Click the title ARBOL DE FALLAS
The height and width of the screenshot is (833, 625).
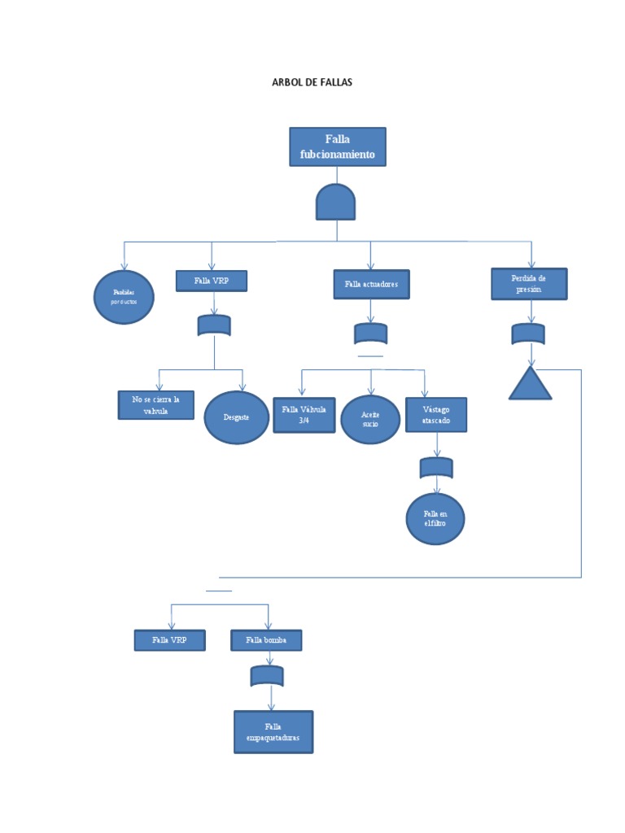point(312,83)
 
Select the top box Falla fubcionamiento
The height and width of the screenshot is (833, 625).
point(337,146)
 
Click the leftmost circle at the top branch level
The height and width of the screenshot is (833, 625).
point(124,297)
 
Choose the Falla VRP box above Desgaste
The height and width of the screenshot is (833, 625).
point(212,281)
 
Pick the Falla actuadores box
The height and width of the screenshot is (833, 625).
point(371,285)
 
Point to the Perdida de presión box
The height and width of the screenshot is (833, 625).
point(529,283)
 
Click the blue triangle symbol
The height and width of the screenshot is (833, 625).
point(530,385)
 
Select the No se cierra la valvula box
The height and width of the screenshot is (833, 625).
point(156,404)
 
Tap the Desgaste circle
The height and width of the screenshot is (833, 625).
point(236,417)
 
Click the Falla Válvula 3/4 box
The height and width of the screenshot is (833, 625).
point(304,415)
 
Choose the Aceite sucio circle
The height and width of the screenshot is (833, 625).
point(370,419)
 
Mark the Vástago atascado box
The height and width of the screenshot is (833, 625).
point(436,414)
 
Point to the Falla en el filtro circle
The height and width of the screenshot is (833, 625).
point(435,518)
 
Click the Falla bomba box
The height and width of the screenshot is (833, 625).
point(267,640)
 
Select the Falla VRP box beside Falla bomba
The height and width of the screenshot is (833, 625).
point(169,640)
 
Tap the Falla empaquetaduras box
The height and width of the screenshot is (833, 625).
point(273,731)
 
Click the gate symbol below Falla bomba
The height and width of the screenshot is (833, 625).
point(267,676)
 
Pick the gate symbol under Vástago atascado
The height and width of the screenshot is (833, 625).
point(436,468)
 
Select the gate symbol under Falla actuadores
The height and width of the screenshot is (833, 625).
point(371,334)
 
